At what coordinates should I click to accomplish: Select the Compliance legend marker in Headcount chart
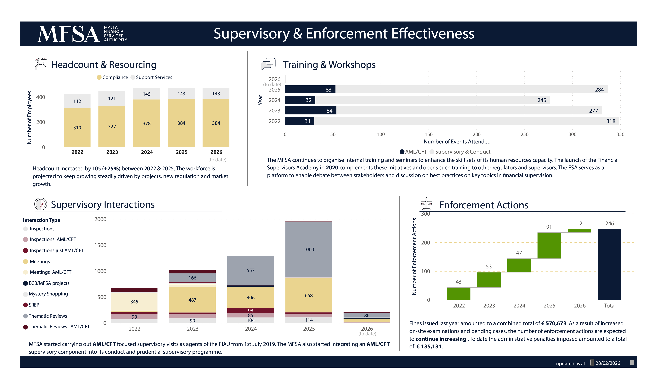point(99,77)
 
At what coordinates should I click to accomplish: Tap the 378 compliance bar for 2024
point(147,123)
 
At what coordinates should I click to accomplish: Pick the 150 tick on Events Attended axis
point(428,134)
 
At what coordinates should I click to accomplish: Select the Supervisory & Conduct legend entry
point(462,152)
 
